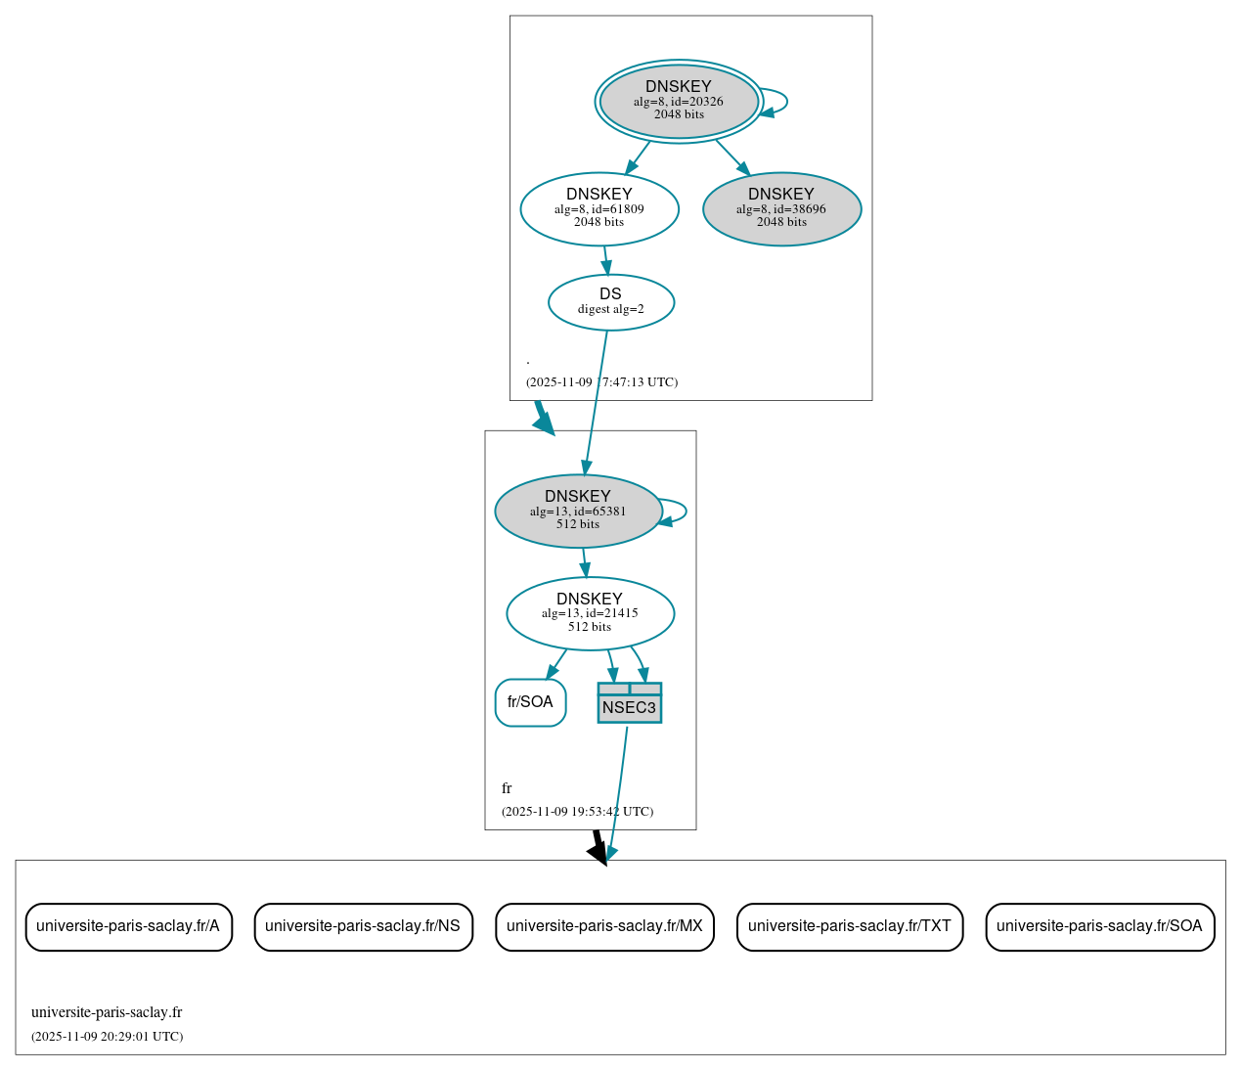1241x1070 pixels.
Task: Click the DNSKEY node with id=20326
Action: [x=679, y=101]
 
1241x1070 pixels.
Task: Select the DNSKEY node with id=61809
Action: [x=599, y=208]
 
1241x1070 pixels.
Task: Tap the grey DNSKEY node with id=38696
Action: [x=781, y=208]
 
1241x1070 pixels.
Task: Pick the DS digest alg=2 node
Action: [x=611, y=302]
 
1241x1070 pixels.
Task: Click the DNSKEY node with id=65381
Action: [x=578, y=511]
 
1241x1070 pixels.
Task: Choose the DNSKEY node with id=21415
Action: [x=590, y=613]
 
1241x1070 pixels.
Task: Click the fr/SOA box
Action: [x=530, y=702]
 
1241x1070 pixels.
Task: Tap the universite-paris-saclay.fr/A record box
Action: [x=128, y=926]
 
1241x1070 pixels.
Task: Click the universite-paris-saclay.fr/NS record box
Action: [x=363, y=926]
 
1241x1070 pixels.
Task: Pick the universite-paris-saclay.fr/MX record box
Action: [x=604, y=926]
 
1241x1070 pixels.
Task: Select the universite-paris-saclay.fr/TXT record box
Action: [x=850, y=926]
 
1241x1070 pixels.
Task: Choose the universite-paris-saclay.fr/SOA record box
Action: [x=1100, y=926]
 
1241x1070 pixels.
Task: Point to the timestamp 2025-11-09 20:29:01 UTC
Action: [x=108, y=1037]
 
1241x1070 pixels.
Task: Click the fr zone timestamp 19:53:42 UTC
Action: [x=577, y=812]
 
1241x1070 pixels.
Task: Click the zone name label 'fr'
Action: [x=507, y=788]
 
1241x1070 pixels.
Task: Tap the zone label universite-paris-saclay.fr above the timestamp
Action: [x=107, y=1012]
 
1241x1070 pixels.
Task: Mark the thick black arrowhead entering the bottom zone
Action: [x=598, y=852]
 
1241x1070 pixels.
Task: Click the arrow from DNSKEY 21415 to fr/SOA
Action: [x=556, y=663]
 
